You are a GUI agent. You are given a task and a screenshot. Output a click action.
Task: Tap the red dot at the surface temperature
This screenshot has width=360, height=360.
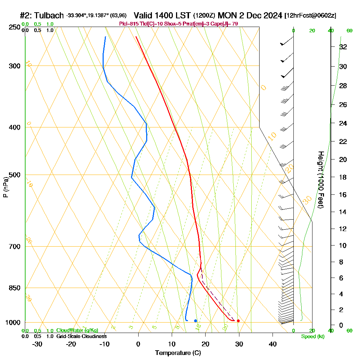238,321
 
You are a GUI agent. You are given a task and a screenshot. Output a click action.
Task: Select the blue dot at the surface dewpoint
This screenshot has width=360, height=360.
195,320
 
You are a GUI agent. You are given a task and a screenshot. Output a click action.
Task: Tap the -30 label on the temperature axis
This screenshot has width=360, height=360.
37,344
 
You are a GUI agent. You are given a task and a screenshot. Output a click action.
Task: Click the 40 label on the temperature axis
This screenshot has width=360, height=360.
273,344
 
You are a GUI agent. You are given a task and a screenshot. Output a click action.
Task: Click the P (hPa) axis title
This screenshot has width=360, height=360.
5,187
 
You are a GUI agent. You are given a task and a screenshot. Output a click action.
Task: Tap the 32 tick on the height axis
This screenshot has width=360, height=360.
343,47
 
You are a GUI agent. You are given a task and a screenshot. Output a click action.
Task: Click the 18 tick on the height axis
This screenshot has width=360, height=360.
343,177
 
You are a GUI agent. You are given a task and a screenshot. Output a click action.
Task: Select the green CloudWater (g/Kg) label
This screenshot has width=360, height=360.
77,330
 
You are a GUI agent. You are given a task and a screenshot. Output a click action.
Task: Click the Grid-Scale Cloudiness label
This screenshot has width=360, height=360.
81,336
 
